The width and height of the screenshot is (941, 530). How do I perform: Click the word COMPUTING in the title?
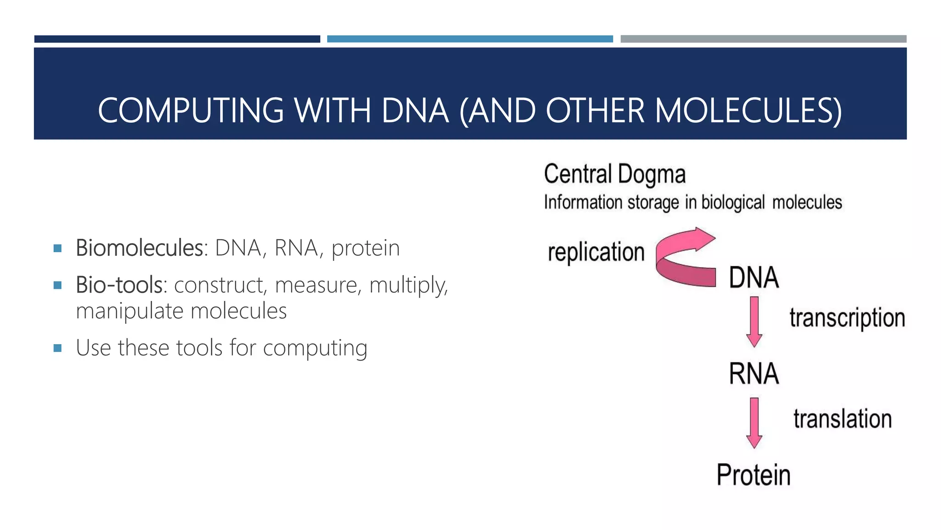pos(191,111)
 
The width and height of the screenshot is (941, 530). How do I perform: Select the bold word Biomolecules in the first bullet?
pos(140,248)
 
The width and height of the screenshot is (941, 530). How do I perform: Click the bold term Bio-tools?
pos(119,285)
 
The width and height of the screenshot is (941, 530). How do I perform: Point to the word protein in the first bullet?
pos(366,248)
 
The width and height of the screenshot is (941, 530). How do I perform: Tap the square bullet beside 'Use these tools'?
pos(57,348)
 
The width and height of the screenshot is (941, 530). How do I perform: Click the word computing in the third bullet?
pos(315,348)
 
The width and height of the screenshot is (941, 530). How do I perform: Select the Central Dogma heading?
pos(615,174)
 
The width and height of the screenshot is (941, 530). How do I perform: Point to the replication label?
pos(596,252)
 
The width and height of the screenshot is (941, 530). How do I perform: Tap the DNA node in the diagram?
pos(754,277)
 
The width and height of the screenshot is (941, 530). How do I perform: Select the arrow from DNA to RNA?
pos(754,322)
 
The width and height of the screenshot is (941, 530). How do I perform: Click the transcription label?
pos(847,318)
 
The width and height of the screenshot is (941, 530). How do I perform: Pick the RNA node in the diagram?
pos(754,373)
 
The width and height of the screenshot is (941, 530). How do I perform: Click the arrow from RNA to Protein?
pos(754,423)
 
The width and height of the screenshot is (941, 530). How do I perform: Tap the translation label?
pos(843,419)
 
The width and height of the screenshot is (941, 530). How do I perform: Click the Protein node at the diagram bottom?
pos(754,475)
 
